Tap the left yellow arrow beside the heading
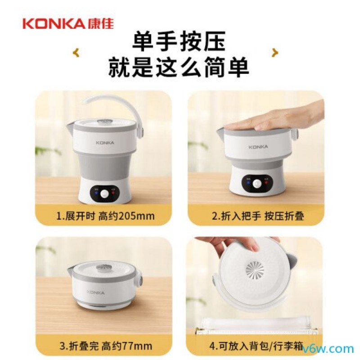click(x=76, y=53)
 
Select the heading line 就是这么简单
click(x=179, y=67)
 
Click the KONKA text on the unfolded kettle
click(x=104, y=142)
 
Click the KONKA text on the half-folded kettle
click(x=258, y=147)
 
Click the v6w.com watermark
click(x=328, y=349)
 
